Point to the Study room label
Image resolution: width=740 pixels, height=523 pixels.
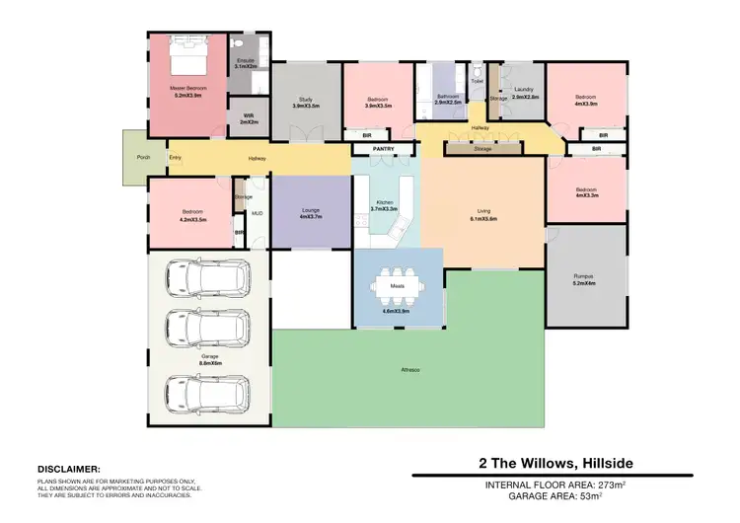306,99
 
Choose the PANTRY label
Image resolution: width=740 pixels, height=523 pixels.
383,149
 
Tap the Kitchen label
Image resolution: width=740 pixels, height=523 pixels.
383,204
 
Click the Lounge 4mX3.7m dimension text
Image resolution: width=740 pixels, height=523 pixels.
310,216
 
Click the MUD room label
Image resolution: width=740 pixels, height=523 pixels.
257,212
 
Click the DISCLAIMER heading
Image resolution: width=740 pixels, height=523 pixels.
68,470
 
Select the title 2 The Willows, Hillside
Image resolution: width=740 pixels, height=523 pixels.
556,463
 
